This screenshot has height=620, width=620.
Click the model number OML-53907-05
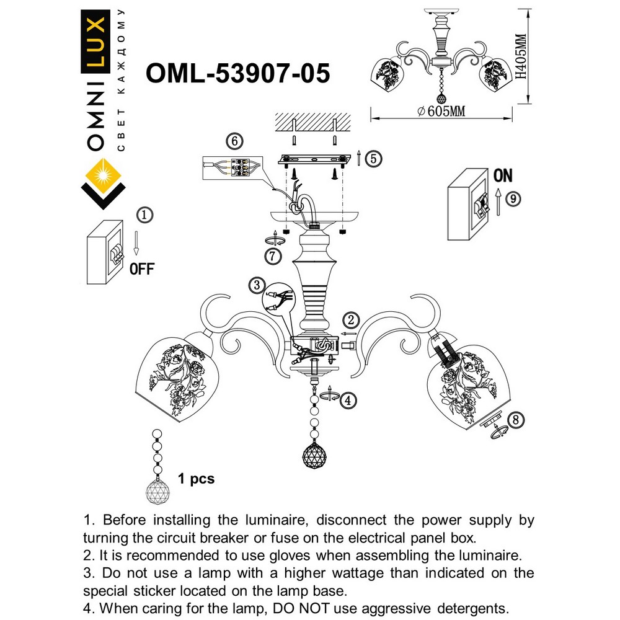[237, 74]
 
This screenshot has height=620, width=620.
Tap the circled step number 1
[144, 215]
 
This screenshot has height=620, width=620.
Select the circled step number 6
[234, 141]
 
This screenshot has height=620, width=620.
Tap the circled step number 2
[351, 320]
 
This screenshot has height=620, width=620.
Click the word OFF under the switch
[142, 268]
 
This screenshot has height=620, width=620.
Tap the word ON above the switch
[503, 175]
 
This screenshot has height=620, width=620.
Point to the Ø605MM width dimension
[441, 111]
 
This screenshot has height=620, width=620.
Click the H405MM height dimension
[520, 56]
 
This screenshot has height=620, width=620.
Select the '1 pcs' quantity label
[196, 479]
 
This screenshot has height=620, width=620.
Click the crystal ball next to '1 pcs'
[157, 490]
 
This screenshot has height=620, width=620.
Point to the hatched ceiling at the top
[313, 121]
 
